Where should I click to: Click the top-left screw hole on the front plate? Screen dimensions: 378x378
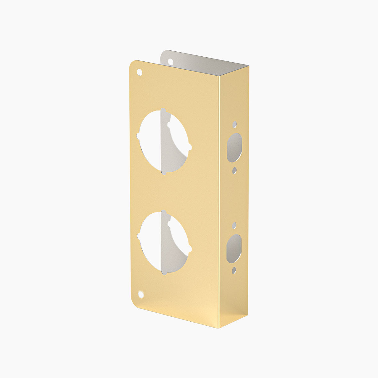point(139,72)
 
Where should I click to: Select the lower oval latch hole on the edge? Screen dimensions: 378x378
point(234,249)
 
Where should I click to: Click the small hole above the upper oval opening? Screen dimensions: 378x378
point(235,124)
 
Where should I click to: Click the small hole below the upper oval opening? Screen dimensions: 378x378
point(234,170)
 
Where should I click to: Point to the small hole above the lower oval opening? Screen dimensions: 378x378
point(234,225)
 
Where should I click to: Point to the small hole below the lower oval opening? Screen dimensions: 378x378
point(234,270)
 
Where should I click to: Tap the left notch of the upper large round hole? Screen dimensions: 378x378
point(138,136)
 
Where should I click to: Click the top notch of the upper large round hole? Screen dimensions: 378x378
point(163,111)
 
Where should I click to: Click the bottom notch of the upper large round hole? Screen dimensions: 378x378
point(163,173)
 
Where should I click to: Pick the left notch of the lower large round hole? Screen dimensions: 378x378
point(139,236)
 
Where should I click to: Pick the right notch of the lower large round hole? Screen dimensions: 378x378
point(190,249)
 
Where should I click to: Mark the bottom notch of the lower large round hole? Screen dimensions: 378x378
point(163,271)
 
